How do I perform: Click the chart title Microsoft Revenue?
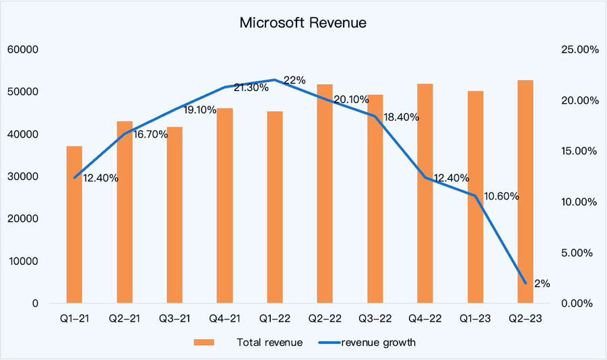point(303,23)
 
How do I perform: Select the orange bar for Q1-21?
point(74,224)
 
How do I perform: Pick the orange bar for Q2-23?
point(525,191)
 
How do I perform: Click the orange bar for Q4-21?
point(224,205)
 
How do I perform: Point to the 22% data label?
point(294,80)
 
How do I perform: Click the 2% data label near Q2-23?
point(540,284)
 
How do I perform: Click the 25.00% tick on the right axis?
point(579,50)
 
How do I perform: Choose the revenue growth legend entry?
point(378,342)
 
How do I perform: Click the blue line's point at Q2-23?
point(525,283)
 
